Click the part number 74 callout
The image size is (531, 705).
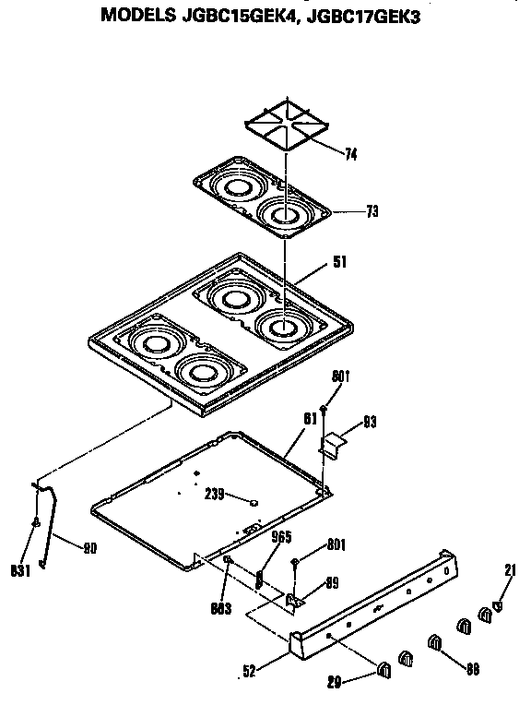coord(350,155)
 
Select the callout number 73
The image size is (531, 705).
coord(372,211)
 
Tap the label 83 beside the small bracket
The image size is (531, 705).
coord(370,424)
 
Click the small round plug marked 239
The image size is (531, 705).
coord(253,501)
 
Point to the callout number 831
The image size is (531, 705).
coord(21,570)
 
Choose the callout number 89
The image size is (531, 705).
coord(332,582)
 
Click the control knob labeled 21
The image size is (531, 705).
coord(497,606)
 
